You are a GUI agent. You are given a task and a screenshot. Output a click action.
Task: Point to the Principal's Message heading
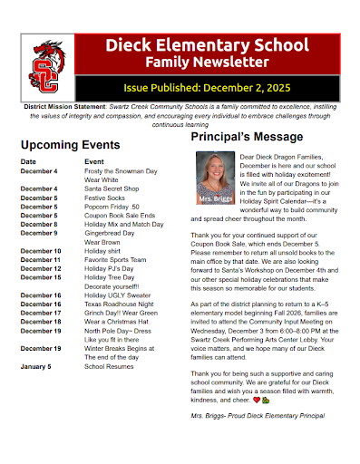251,137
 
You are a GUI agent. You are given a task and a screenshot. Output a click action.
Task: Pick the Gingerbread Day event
109,233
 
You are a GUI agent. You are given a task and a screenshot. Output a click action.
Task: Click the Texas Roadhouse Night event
118,304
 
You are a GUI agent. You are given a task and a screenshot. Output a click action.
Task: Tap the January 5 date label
36,366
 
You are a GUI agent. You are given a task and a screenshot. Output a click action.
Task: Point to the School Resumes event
109,366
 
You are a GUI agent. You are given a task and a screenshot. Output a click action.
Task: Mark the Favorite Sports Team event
115,260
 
